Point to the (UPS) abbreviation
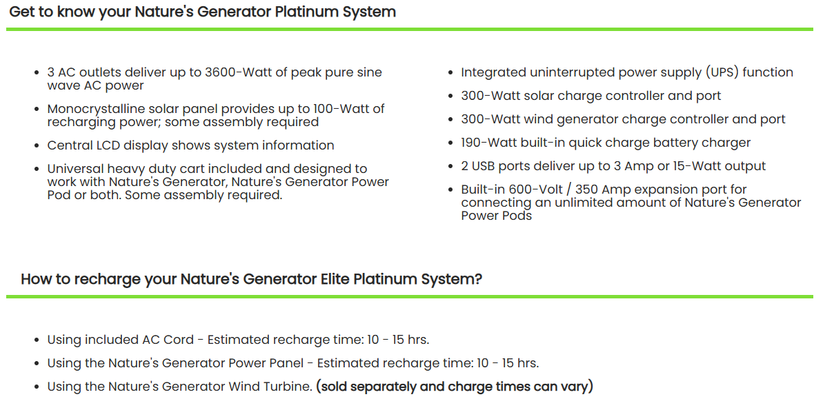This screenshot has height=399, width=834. click(x=722, y=72)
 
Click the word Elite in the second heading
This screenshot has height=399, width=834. click(x=335, y=279)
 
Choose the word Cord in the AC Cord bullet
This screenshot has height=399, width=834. click(x=179, y=340)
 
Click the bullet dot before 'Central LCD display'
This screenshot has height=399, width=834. click(x=37, y=146)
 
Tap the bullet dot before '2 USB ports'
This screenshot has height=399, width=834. click(x=450, y=167)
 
